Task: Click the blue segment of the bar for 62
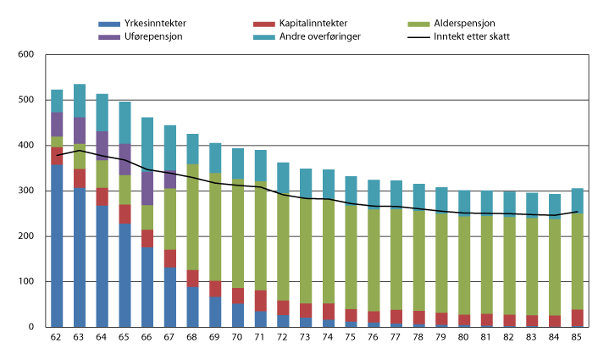57,246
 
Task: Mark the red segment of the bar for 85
576,318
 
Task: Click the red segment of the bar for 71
260,301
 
